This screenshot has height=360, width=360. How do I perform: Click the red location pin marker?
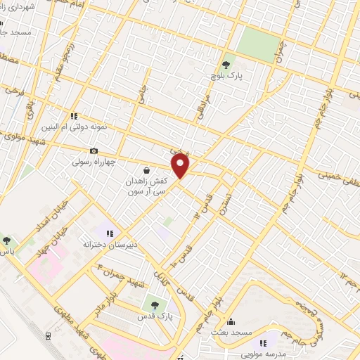(181, 166)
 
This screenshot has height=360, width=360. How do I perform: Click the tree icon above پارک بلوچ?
(225, 65)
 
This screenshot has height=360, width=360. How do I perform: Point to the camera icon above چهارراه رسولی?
(94, 150)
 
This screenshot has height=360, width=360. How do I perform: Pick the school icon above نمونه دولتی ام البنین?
(72, 116)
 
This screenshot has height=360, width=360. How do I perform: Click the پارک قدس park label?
(155, 316)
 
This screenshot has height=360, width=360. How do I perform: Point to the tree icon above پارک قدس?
(155, 305)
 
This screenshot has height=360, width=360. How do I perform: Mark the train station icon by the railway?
(49, 335)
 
